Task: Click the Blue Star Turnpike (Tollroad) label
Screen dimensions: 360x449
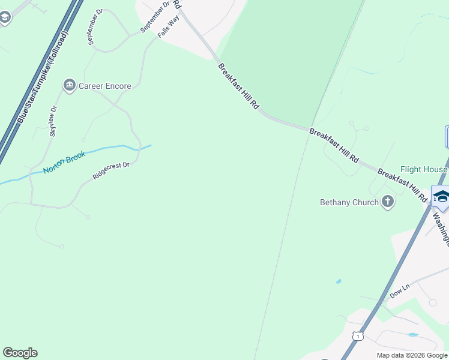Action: click(44, 78)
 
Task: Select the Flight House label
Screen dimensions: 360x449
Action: click(424, 170)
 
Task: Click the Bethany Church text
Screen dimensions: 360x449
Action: click(349, 202)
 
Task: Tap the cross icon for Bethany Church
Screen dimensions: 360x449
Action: click(388, 202)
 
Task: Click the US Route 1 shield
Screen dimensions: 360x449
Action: click(358, 336)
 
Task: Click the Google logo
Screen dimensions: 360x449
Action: click(20, 352)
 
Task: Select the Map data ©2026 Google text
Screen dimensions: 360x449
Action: click(412, 355)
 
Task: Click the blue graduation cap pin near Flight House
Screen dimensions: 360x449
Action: click(441, 198)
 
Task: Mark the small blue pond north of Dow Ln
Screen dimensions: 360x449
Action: click(339, 281)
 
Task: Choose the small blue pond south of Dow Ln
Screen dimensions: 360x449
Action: click(412, 334)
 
